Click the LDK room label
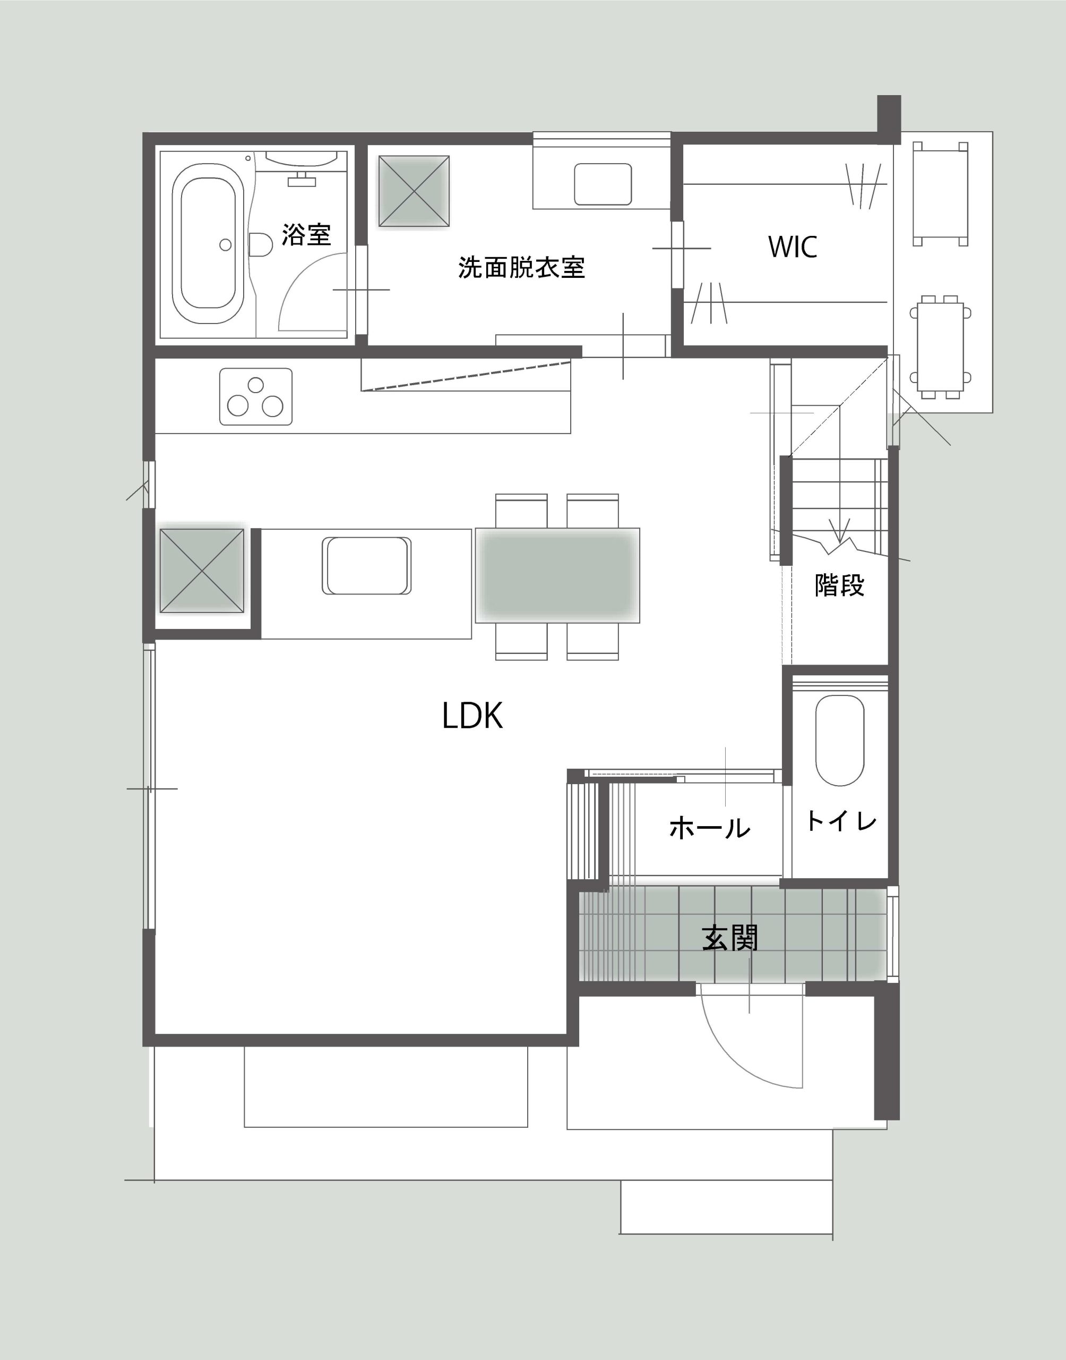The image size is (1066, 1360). click(472, 716)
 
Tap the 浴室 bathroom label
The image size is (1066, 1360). click(306, 234)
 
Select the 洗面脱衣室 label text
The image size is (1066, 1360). click(521, 267)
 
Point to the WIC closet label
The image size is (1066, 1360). click(793, 246)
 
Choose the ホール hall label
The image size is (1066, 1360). click(710, 828)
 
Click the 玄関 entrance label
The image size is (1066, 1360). click(729, 938)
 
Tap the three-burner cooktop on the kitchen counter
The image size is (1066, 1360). click(256, 396)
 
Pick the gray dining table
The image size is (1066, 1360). click(557, 575)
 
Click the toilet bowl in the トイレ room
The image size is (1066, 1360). click(839, 741)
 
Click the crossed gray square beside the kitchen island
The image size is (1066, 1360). click(202, 570)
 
